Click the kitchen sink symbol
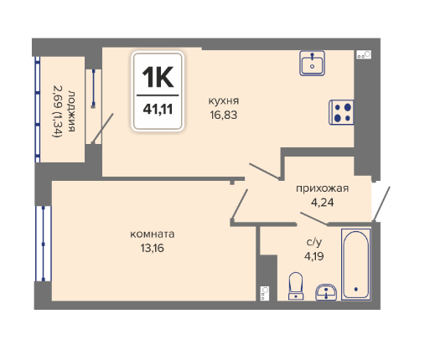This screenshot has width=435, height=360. coord(312,63)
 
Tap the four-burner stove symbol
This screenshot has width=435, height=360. coord(341,112)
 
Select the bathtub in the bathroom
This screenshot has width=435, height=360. coord(356,265)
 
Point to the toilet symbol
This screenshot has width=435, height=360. coord(296,286)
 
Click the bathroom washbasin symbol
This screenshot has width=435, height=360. coord(326,292)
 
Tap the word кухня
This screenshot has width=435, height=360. coord(224,100)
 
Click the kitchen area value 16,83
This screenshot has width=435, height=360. coord(224,115)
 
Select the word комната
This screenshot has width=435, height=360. coord(153,234)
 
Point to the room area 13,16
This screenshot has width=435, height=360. coord(153,248)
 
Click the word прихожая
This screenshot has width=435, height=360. coord(323,188)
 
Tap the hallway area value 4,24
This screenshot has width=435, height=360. coord(323,203)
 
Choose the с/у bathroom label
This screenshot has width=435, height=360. coord(314,242)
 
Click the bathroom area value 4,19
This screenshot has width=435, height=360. coord(314,256)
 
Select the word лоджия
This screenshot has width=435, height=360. coord(71,111)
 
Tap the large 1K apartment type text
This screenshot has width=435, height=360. coord(158,77)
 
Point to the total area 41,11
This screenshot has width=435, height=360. coord(158,109)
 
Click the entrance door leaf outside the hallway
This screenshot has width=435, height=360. coord(381,204)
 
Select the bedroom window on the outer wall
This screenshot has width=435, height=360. coord(43,244)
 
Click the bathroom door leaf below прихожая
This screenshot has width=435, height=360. coord(313,219)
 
